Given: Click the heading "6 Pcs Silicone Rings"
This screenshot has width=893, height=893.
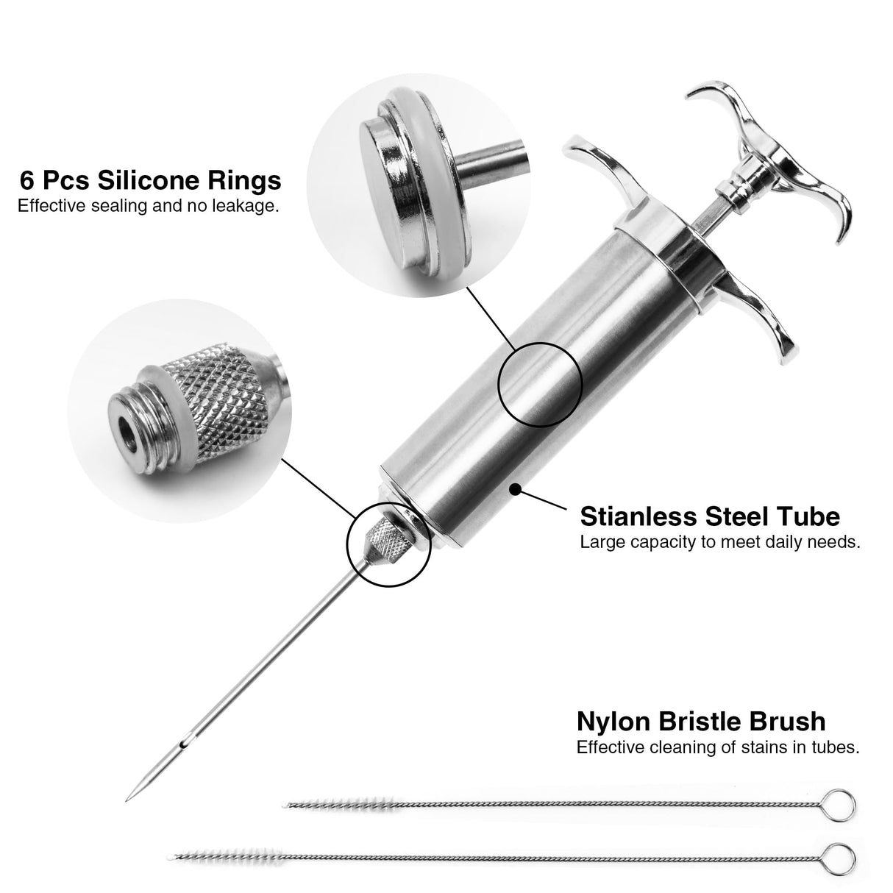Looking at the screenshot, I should coord(149,180).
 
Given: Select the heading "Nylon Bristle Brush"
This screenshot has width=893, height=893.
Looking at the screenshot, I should coord(700,722).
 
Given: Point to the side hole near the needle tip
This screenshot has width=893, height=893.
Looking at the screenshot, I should coord(188,736).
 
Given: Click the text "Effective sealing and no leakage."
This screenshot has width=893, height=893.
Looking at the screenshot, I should coord(149,206).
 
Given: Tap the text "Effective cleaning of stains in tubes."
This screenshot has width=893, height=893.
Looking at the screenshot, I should coord(718,748).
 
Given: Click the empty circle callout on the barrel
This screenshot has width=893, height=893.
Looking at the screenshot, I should coord(541,383).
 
